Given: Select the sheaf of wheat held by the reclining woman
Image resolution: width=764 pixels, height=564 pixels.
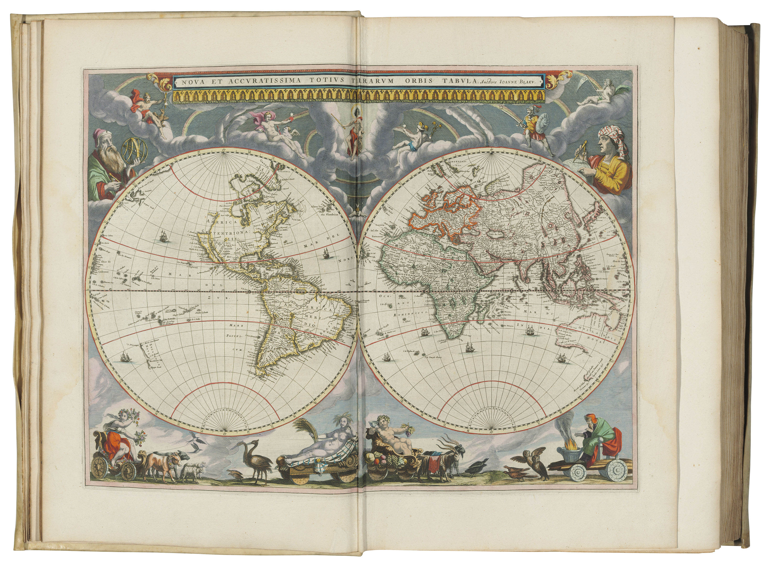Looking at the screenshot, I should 308,430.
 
